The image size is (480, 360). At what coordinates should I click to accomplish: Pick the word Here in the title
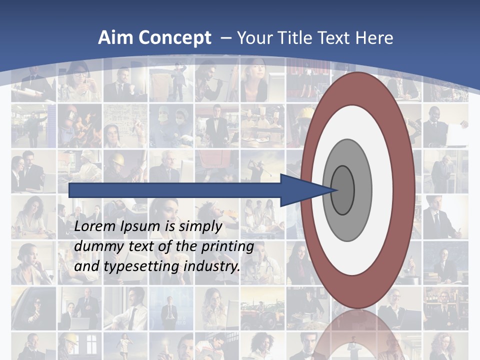click(374, 37)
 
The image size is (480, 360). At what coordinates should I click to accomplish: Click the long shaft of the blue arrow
click(175, 190)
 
